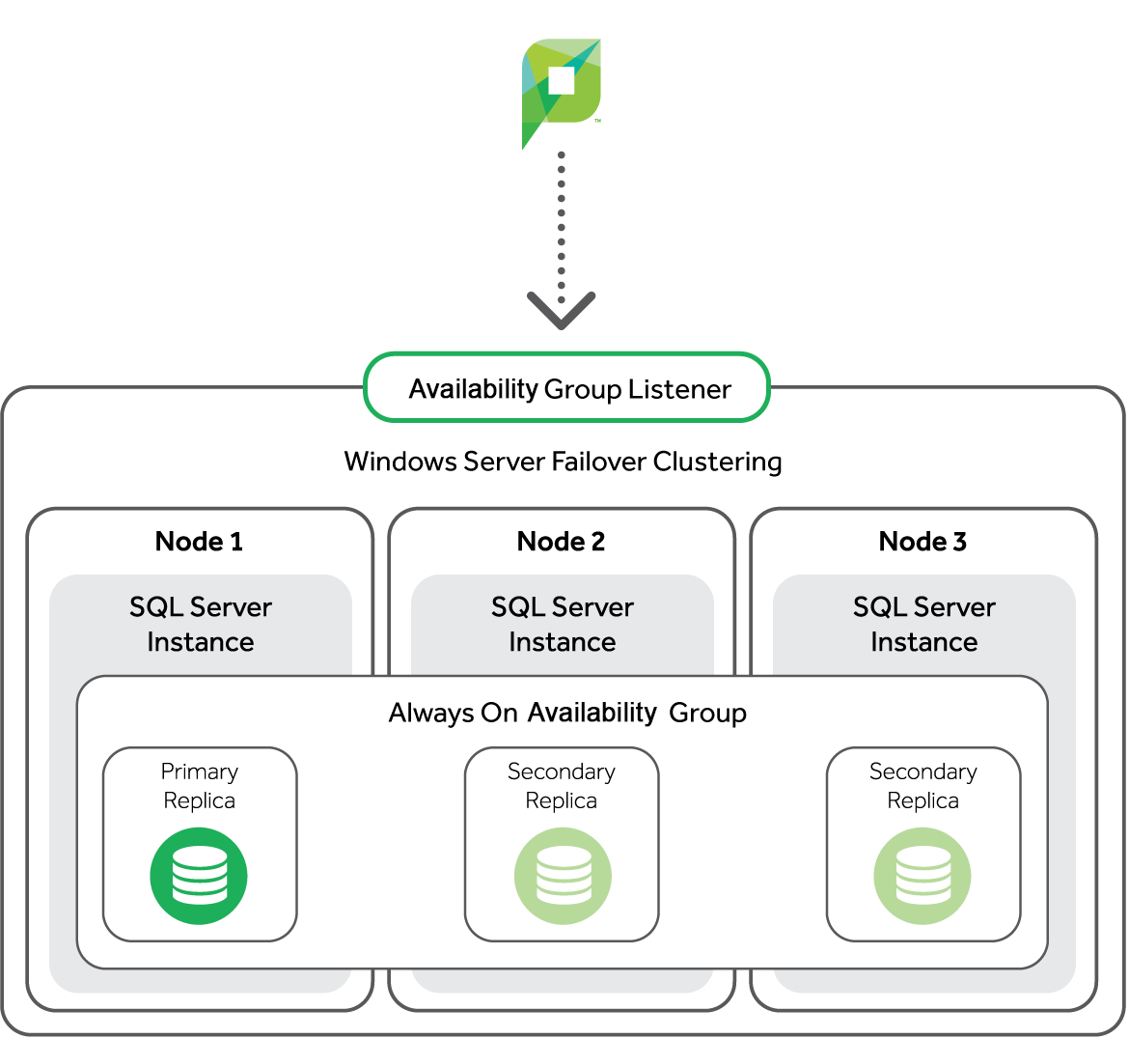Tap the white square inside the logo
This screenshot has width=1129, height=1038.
[x=561, y=80]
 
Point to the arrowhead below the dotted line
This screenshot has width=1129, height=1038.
[x=562, y=310]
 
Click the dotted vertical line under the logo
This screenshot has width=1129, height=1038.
[x=562, y=222]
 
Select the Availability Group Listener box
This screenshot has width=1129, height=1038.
[x=567, y=388]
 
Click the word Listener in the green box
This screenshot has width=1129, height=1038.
[x=679, y=389]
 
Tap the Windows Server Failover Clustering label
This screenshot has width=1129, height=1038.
[x=563, y=462]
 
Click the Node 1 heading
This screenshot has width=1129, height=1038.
[x=199, y=542]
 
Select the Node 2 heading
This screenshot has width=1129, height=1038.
[x=561, y=542]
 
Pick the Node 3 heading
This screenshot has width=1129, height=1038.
[x=922, y=542]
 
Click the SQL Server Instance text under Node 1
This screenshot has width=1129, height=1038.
[x=201, y=625]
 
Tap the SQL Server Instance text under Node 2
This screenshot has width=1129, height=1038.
[x=563, y=625]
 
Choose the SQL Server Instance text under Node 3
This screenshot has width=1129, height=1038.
[x=924, y=625]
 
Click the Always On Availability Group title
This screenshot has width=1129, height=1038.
[x=567, y=714]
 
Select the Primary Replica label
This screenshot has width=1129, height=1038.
[x=200, y=786]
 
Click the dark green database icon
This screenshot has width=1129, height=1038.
[x=199, y=876]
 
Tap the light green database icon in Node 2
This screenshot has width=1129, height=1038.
[x=563, y=876]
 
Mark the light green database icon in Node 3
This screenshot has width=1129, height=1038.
[x=922, y=876]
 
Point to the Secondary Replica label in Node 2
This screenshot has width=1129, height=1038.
[x=562, y=786]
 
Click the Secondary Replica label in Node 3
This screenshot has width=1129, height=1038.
[x=923, y=786]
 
